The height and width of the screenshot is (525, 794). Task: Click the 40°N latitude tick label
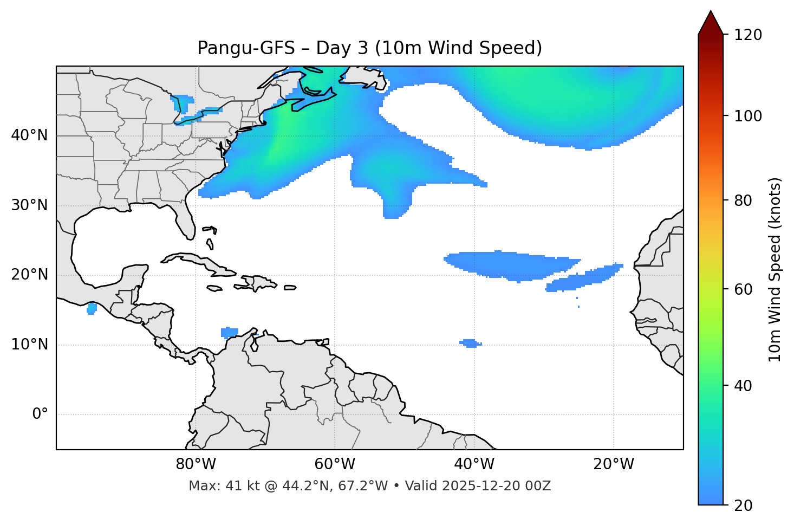tap(29, 135)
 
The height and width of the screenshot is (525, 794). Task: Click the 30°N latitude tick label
tap(29, 205)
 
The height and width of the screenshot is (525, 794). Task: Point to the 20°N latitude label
tap(29, 275)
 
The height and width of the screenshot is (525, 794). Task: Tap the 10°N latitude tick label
tap(29, 345)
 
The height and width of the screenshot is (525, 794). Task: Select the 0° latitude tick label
tap(40, 414)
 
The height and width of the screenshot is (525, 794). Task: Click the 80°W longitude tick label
tap(196, 464)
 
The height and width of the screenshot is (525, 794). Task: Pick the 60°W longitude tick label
tap(335, 464)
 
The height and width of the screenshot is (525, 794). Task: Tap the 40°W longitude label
tap(474, 464)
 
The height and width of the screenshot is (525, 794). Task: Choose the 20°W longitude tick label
tap(613, 464)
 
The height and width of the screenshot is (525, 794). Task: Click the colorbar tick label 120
tap(749, 35)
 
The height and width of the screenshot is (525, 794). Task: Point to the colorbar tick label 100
tap(749, 116)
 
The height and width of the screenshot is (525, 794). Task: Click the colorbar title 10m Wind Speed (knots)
tap(775, 269)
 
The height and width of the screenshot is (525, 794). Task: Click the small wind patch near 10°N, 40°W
tap(470, 343)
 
